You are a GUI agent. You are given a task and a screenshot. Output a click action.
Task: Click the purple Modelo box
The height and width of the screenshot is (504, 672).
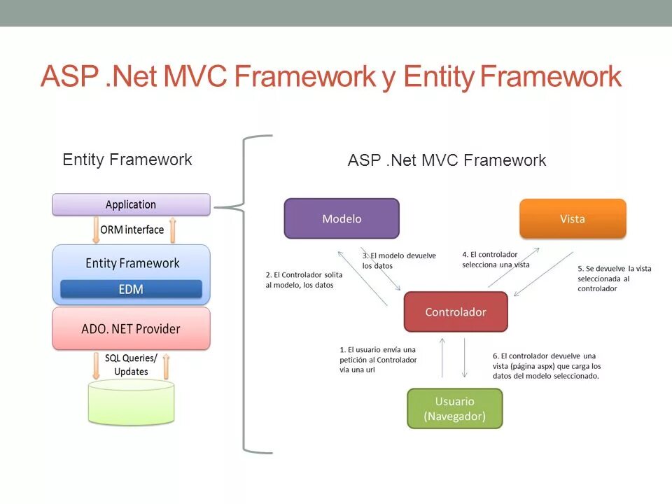click(x=342, y=218)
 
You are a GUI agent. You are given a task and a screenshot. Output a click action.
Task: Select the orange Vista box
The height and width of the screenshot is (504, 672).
click(x=573, y=218)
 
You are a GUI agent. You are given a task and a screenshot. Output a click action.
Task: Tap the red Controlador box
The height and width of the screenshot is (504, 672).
click(x=456, y=312)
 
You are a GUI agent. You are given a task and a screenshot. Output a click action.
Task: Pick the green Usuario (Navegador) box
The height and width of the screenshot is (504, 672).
click(x=455, y=409)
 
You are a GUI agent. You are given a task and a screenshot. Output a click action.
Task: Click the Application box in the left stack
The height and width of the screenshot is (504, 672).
click(x=131, y=204)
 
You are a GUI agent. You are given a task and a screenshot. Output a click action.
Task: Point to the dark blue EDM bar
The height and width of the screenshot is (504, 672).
click(x=131, y=289)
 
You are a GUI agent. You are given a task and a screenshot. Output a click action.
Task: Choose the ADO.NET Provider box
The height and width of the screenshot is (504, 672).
click(x=131, y=328)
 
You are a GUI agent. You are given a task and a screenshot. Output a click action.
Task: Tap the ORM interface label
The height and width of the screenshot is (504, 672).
click(x=132, y=230)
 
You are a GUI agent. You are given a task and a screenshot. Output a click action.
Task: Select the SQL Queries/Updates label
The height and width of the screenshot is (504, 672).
click(x=131, y=365)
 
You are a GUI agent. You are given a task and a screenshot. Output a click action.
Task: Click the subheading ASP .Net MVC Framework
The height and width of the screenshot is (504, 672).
click(x=447, y=160)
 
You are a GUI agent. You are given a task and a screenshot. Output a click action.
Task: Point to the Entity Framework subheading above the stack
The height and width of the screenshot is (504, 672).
click(x=127, y=160)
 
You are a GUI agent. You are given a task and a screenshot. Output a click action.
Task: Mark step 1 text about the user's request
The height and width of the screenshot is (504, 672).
click(x=377, y=359)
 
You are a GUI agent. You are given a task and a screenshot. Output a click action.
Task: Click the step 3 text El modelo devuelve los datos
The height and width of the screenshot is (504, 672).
click(x=398, y=260)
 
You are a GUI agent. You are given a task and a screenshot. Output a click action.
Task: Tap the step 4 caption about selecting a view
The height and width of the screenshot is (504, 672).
click(x=496, y=260)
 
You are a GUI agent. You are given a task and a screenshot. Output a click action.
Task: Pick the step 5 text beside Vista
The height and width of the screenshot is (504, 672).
click(x=614, y=278)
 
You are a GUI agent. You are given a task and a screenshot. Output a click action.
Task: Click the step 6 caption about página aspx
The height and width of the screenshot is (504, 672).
click(x=547, y=365)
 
